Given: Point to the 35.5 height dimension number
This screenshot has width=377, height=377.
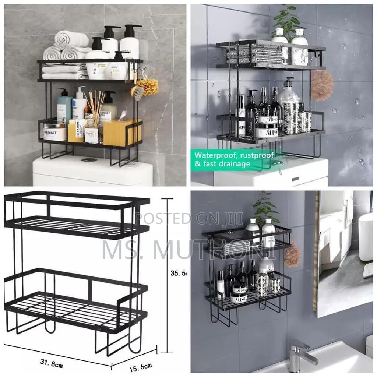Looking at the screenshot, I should coord(178,273).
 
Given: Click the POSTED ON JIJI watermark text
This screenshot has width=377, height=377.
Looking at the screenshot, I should coord(188,218).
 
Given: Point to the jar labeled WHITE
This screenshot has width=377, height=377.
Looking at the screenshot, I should coord(92,135).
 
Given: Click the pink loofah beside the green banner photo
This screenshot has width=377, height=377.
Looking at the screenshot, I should coord(322,85).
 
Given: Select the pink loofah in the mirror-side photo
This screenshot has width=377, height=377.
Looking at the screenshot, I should coord(293,255).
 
